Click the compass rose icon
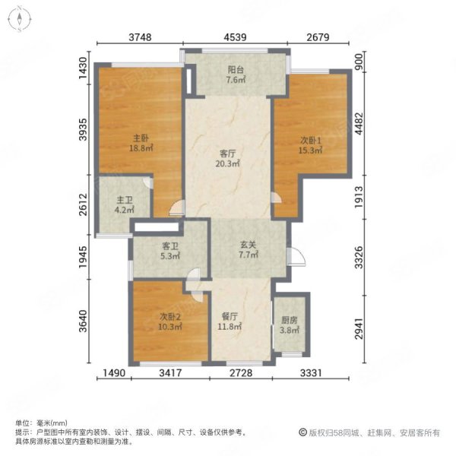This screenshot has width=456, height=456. [20, 19]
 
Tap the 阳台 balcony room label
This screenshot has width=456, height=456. [236, 70]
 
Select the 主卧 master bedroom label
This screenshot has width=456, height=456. [141, 138]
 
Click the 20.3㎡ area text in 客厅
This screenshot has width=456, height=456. [227, 163]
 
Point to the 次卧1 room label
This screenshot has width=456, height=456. [311, 141]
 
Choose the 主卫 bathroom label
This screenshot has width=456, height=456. [125, 200]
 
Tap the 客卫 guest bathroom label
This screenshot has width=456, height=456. [170, 246]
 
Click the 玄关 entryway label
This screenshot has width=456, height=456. [248, 245]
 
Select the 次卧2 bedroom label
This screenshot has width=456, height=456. [170, 316]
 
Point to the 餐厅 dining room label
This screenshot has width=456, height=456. [230, 316]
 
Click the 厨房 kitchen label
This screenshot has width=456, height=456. [290, 320]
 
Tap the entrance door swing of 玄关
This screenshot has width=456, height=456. [296, 257]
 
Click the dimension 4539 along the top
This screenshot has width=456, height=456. [236, 37]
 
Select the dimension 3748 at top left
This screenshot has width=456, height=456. [140, 37]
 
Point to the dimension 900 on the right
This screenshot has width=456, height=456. [359, 62]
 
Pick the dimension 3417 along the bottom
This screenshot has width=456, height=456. [171, 373]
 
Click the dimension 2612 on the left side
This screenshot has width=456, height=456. [83, 204]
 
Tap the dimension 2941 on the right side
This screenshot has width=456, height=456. [359, 328]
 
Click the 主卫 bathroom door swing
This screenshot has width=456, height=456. [148, 183]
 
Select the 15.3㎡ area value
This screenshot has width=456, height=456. [311, 150]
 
